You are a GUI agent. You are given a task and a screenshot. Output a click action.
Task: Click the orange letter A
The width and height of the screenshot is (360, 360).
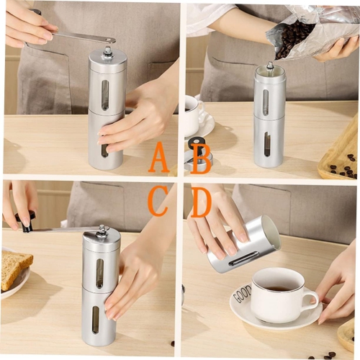pos(158,158)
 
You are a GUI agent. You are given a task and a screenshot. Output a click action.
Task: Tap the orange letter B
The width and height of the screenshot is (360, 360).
pos(200,158)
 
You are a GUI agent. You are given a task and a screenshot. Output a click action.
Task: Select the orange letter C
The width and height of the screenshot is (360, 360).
pos(158,201)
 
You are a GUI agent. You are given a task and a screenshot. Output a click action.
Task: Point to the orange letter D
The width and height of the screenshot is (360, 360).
pos(200,202)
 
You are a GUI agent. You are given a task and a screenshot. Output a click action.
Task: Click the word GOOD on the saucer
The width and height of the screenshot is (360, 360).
pos(242,293)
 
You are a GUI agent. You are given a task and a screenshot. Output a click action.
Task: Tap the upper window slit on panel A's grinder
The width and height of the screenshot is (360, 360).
pos(105,94)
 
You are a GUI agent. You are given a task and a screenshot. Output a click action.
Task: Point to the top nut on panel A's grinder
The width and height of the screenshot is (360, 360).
pos(107,52)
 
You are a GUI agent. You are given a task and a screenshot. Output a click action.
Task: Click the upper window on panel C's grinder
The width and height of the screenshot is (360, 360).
pos(99,273)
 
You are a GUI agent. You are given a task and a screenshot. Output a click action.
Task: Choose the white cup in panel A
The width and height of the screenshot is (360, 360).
pos(190,115)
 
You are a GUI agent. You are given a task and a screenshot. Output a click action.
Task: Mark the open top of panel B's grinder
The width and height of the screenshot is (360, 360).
pos(270,70)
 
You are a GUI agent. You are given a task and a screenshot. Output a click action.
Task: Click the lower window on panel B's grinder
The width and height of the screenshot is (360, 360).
pos(267,144)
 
